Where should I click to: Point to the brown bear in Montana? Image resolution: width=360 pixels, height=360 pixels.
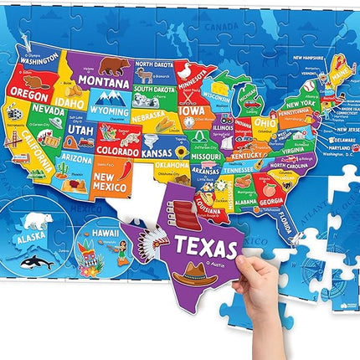coord(111,64)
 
